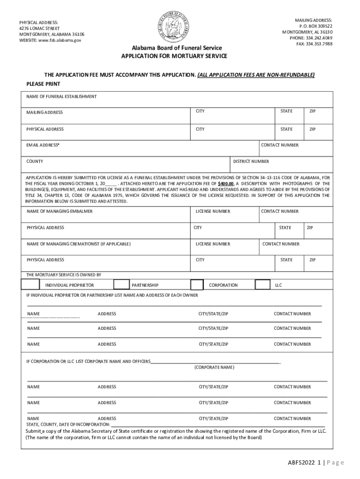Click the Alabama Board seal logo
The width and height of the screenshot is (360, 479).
[x=173, y=26]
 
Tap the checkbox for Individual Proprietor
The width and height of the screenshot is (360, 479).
[x=30, y=284]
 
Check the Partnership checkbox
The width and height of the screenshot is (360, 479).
[x=122, y=284]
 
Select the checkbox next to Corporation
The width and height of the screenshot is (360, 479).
[x=197, y=285]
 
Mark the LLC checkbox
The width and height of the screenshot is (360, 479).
[x=263, y=284]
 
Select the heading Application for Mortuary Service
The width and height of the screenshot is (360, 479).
[x=174, y=56]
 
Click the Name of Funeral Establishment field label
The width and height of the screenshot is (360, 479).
[x=62, y=96]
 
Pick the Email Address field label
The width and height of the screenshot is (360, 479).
[x=43, y=145]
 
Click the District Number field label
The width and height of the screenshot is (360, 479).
[x=251, y=161]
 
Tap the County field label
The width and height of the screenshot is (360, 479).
[x=35, y=161]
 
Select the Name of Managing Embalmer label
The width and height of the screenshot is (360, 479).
[x=60, y=211]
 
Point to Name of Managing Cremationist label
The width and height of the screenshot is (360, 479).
[x=79, y=244]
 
